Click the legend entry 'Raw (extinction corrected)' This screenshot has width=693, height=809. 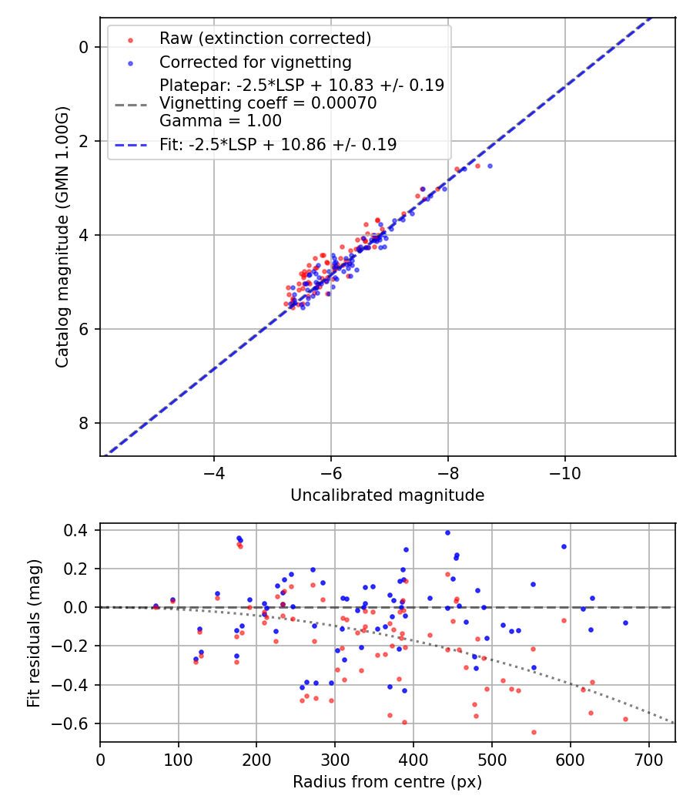tap(265, 39)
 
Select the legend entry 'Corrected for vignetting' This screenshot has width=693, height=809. tap(255, 62)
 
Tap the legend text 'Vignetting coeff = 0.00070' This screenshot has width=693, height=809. tap(268, 103)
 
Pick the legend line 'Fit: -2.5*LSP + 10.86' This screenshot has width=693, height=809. tap(278, 144)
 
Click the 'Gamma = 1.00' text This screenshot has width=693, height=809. tap(220, 121)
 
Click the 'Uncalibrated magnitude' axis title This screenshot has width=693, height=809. tap(387, 495)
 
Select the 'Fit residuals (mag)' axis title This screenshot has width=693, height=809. tap(33, 633)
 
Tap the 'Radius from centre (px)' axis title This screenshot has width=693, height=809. tap(387, 782)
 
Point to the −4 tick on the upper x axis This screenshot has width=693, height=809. tap(214, 471)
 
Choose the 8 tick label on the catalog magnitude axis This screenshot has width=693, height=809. tap(84, 423)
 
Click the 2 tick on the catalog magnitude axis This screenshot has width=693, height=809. tap(84, 141)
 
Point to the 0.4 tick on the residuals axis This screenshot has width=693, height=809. tap(80, 530)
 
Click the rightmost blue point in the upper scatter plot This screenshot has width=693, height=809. tap(490, 166)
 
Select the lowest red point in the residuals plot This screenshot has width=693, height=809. tap(534, 732)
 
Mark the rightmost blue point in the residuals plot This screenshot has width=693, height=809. tap(625, 623)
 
